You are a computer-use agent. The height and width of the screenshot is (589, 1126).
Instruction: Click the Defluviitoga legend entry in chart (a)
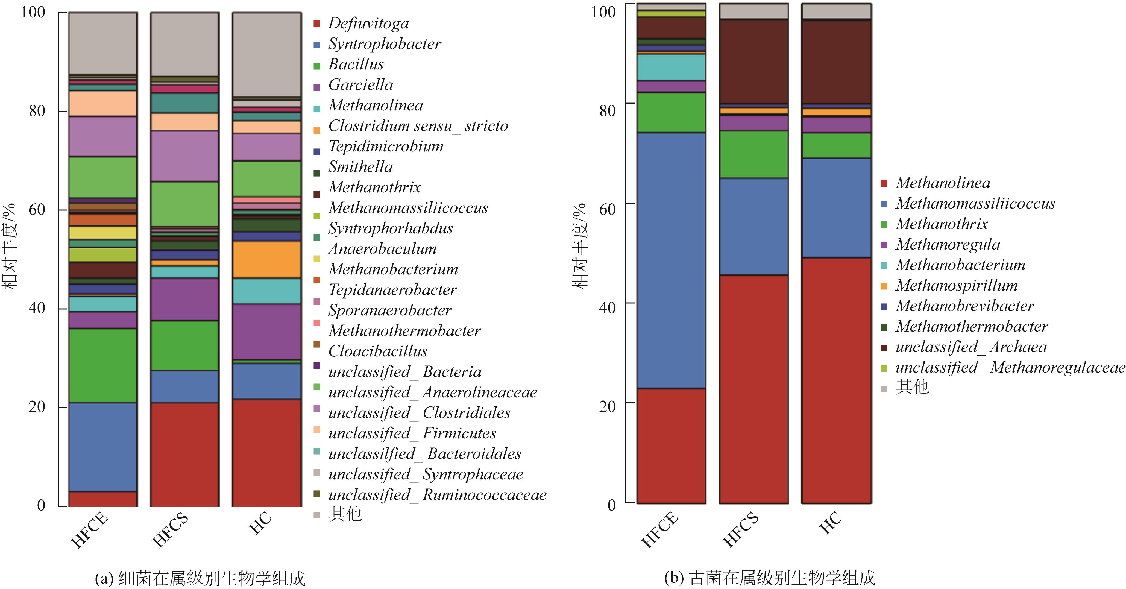coord(368,23)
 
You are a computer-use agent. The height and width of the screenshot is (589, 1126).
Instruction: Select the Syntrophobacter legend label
coord(384,44)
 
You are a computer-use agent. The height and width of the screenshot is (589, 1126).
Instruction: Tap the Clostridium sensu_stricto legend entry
coord(418,126)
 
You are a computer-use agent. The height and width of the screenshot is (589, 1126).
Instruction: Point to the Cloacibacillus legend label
coord(378,351)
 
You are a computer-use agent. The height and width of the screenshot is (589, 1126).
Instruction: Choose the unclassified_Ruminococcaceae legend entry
coord(437,494)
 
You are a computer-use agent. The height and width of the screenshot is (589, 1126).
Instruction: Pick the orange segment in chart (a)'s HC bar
coord(267,260)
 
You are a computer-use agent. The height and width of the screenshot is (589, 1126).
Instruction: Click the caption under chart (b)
coord(769,578)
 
